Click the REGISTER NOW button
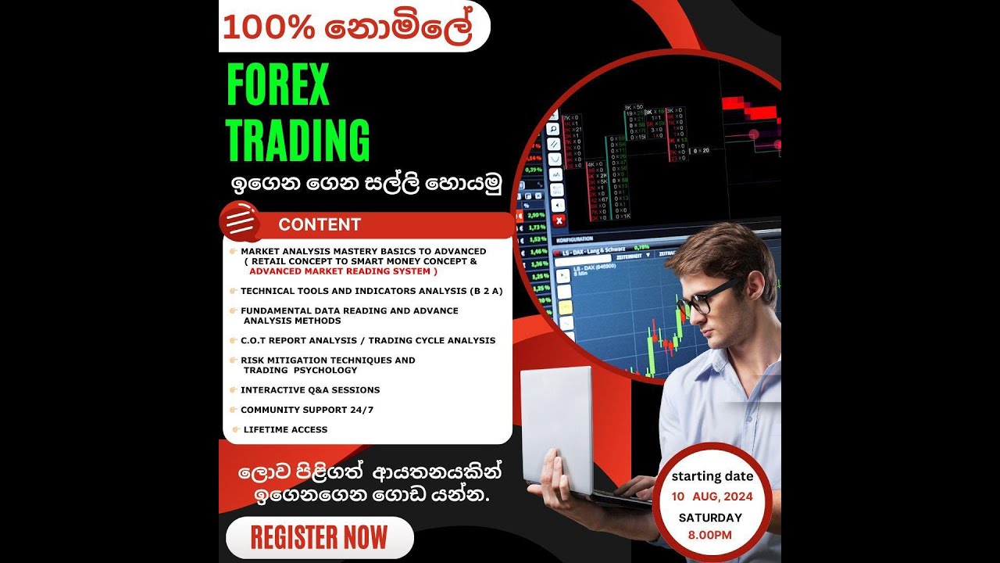click(319, 538)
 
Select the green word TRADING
click(298, 141)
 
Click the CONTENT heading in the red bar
click(320, 225)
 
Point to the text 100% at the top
click(269, 28)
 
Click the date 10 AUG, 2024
click(712, 497)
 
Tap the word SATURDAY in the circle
click(710, 518)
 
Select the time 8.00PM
click(710, 536)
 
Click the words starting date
click(712, 476)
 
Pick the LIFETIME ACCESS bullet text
click(285, 429)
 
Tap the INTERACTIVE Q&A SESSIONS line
click(310, 389)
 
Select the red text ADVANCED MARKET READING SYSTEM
click(342, 271)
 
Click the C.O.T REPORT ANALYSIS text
click(302, 341)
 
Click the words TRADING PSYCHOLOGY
click(300, 370)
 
